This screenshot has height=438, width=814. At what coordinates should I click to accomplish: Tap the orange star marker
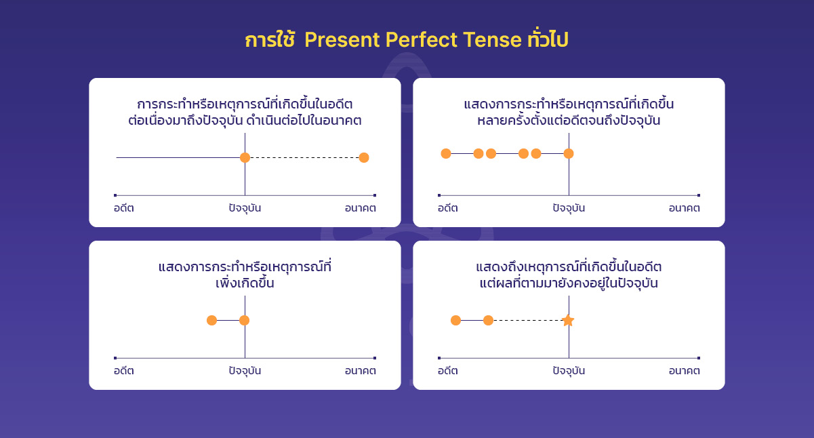(568, 320)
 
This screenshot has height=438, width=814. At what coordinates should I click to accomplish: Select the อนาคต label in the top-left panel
(360, 208)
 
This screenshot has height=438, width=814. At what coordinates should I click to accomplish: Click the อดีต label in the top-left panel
(123, 208)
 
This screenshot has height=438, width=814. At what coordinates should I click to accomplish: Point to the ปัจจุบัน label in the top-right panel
(569, 208)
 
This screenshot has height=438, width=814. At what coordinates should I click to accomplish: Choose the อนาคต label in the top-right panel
(684, 208)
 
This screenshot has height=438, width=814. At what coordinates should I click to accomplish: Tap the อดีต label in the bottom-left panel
(123, 371)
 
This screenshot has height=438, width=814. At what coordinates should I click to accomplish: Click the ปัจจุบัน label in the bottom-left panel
(245, 371)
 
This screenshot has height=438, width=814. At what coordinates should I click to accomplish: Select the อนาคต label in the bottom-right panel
(684, 371)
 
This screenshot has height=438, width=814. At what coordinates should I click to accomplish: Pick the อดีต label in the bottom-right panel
(447, 371)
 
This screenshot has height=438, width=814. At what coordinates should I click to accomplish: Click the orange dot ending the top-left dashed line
(364, 158)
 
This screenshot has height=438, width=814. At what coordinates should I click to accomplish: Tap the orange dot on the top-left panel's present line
(245, 157)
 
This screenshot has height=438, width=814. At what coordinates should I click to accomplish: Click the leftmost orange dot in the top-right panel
(446, 153)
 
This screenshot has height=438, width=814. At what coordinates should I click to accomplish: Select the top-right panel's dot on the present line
(569, 153)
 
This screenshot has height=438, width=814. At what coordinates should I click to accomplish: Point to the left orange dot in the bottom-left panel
(212, 320)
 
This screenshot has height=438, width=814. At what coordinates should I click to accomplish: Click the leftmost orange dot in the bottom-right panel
(455, 320)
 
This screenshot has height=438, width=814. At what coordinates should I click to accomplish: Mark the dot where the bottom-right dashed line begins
(488, 320)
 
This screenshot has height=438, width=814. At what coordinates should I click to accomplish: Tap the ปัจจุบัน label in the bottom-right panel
(569, 371)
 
